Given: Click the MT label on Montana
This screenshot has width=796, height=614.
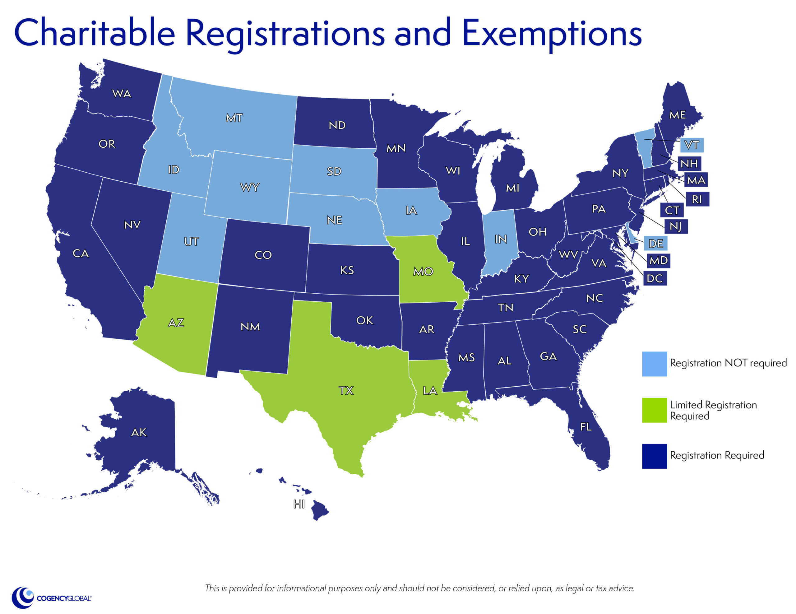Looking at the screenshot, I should tap(234, 118).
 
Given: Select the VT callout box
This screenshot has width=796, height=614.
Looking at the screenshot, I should tap(692, 145).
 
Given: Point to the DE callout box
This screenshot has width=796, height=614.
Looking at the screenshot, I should tap(656, 243).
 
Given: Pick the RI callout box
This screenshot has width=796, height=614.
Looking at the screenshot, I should tap(696, 199).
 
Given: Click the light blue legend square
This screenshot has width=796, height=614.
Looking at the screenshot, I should tap(654, 364).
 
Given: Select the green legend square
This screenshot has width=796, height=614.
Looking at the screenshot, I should tap(654, 410).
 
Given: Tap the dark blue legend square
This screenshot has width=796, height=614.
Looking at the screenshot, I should tap(654, 456).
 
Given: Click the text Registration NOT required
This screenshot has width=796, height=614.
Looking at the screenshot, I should tap(728, 363).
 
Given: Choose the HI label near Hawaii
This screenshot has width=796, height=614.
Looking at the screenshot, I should tap(299, 504).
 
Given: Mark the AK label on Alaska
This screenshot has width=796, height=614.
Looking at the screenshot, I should tap(139, 432).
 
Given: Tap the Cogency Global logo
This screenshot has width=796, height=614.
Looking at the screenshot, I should tap(51, 598).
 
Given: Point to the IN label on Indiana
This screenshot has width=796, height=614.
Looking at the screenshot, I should tap(500, 239).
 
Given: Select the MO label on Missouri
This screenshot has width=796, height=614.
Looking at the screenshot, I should tap(423, 271).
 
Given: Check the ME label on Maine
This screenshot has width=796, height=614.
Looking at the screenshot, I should tap(677, 115).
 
